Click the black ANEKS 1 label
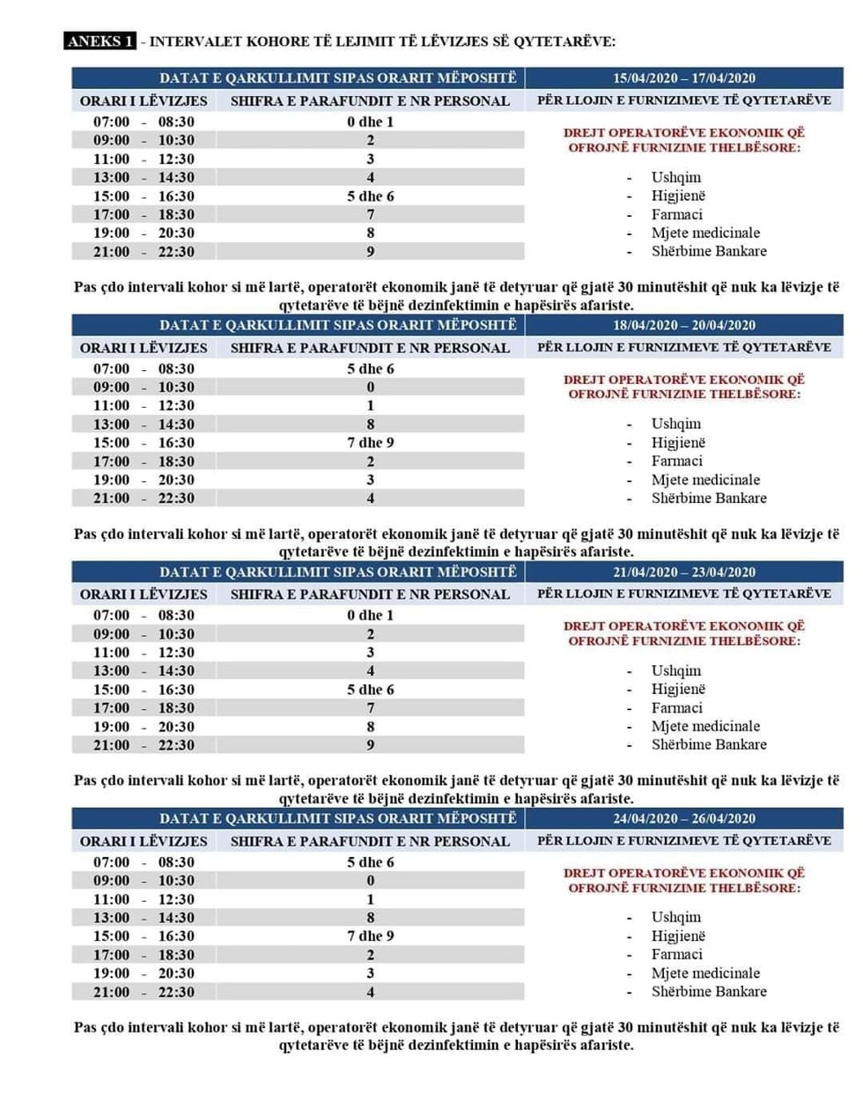pyautogui.click(x=100, y=41)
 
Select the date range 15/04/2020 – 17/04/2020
pyautogui.click(x=684, y=78)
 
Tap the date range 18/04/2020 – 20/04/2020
pyautogui.click(x=684, y=325)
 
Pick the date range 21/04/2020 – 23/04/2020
pyautogui.click(x=684, y=572)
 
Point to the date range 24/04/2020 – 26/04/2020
pyautogui.click(x=684, y=818)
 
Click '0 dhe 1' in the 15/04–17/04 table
pyautogui.click(x=370, y=122)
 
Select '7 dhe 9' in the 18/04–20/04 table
pyautogui.click(x=370, y=442)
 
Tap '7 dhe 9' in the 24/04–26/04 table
pyautogui.click(x=370, y=936)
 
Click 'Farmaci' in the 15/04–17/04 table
pyautogui.click(x=676, y=214)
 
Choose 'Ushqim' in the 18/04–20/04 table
pyautogui.click(x=675, y=424)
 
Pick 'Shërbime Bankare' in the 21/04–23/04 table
pyautogui.click(x=708, y=744)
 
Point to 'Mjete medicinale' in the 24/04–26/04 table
pyautogui.click(x=705, y=973)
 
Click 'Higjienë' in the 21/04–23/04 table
pyautogui.click(x=678, y=689)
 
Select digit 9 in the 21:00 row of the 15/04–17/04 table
pyautogui.click(x=371, y=252)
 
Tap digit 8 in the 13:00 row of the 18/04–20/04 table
pyautogui.click(x=371, y=424)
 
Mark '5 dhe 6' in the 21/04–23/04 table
pyautogui.click(x=370, y=690)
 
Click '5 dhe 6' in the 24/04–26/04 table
pyautogui.click(x=370, y=862)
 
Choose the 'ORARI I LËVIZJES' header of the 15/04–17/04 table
pyautogui.click(x=144, y=101)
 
